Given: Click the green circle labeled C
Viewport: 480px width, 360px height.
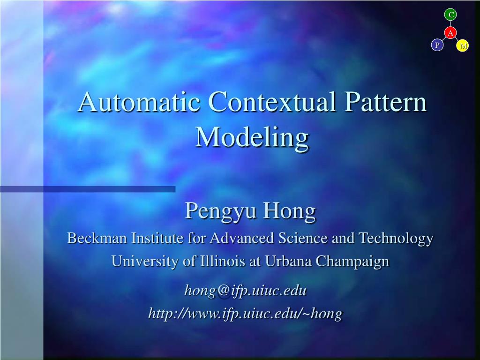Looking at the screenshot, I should coord(450,15).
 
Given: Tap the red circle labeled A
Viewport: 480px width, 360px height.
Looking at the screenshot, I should coord(450,33).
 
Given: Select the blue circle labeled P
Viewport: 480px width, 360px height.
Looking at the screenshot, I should coord(437,45).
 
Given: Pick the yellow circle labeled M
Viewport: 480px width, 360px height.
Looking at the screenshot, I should coord(463,45).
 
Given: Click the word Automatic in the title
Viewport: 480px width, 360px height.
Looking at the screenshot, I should coord(139,102).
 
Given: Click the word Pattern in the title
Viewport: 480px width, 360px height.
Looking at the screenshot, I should coord(385,102).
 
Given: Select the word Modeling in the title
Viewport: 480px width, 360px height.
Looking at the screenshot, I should coord(252,137).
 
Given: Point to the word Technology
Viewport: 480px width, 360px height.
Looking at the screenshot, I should coord(396,239).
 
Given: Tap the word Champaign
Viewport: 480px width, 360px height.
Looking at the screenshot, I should coord(352,262).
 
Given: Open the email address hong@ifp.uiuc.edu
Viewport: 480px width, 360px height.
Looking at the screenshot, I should coord(245,291).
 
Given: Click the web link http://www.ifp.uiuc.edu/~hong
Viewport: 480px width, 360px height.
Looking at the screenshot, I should coord(245,313).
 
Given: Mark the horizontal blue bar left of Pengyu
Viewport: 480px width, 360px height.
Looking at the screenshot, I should coord(88,189).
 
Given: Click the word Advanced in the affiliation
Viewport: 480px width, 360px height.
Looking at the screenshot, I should coord(242,238).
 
